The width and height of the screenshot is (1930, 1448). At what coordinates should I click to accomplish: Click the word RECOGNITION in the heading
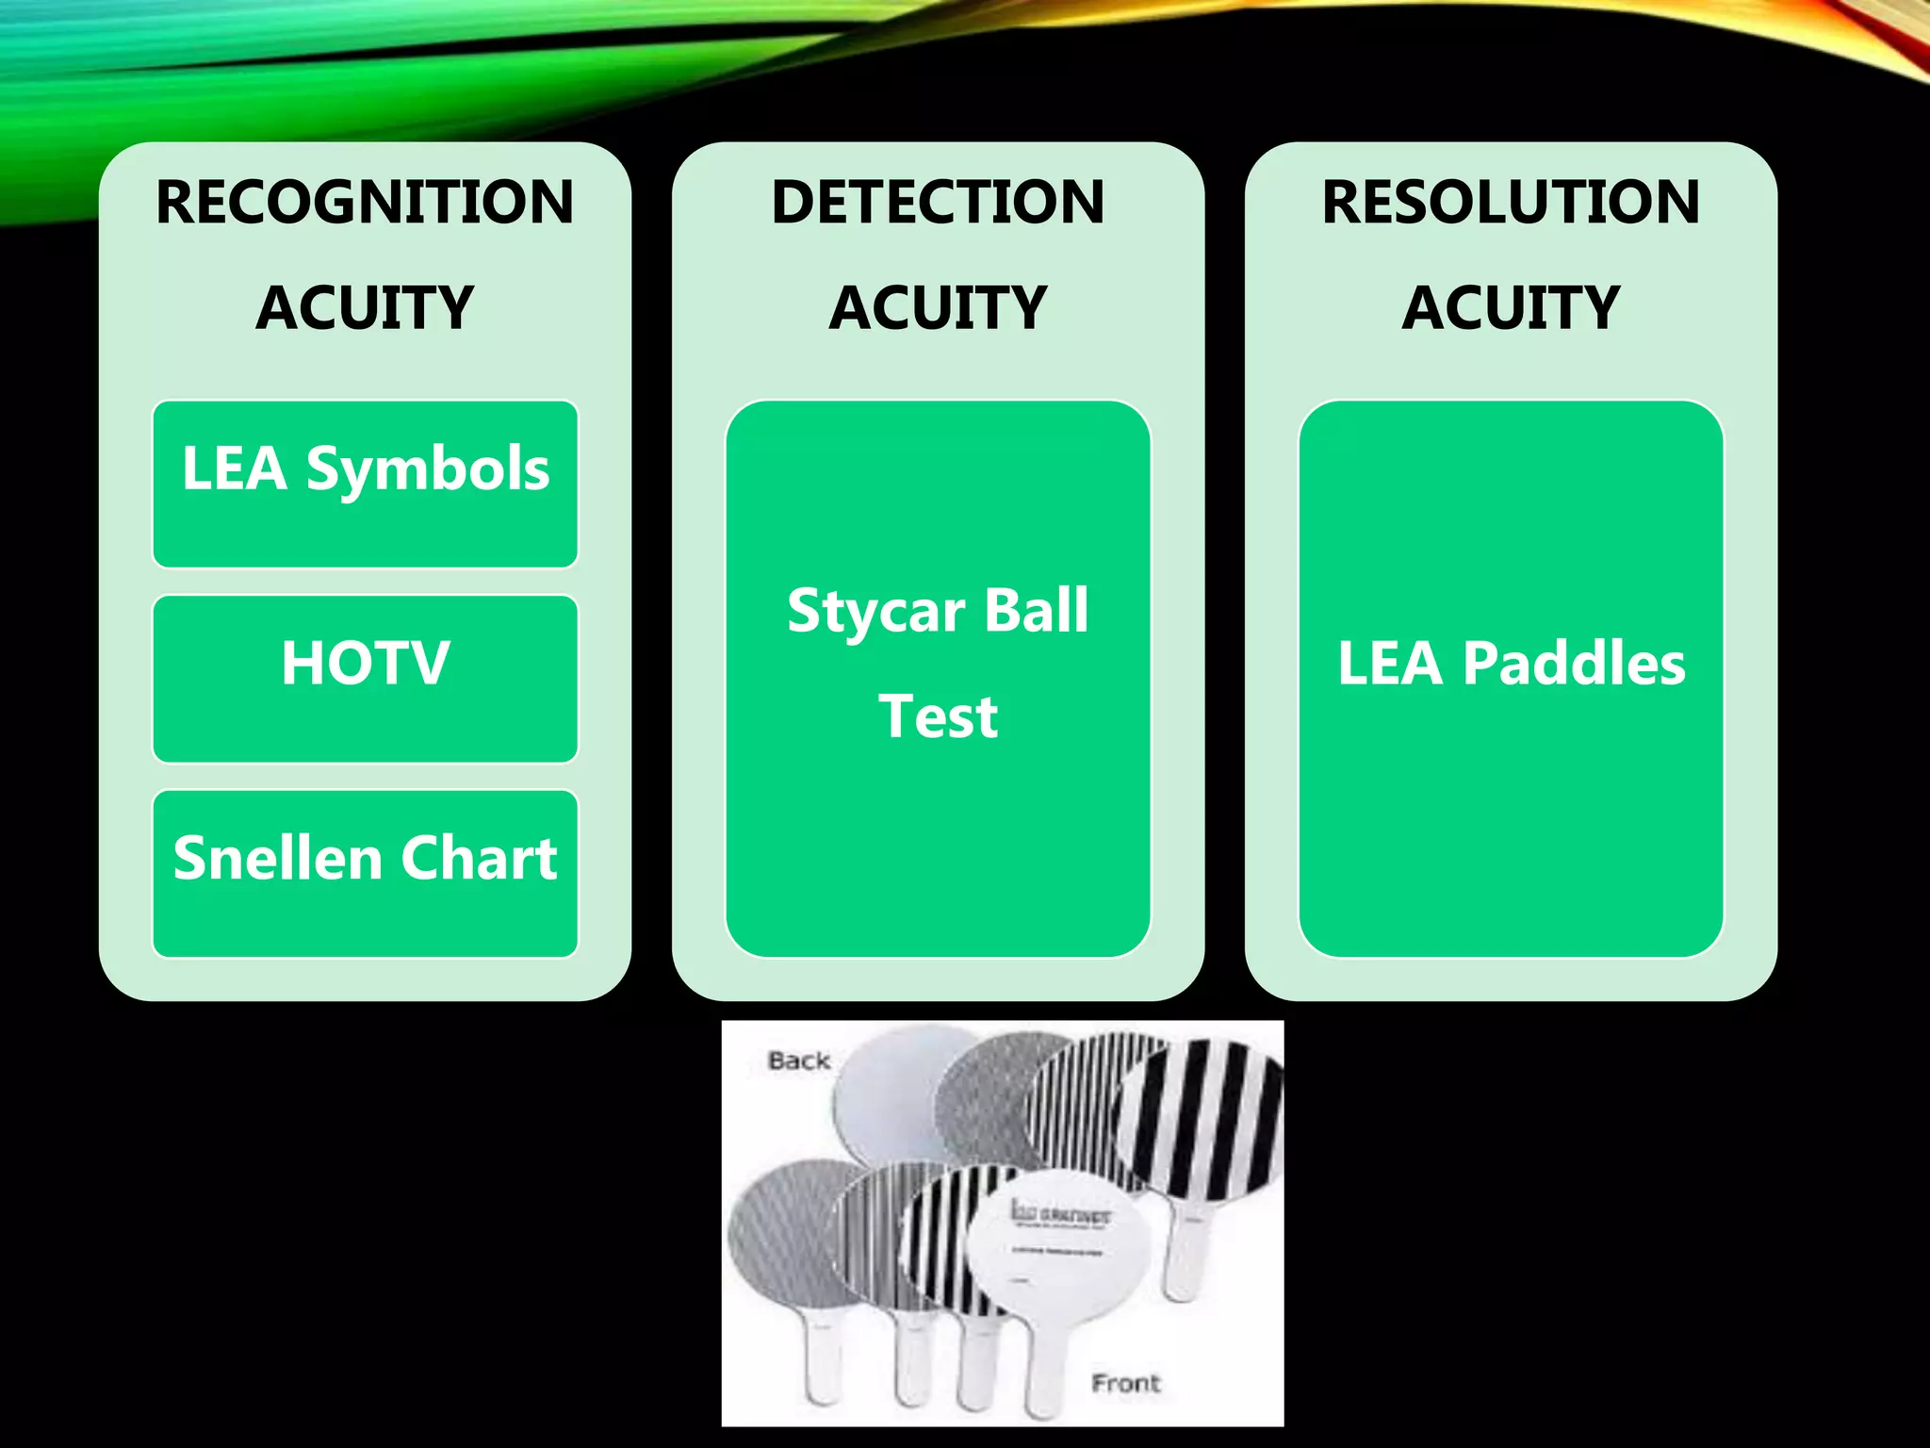click(x=365, y=202)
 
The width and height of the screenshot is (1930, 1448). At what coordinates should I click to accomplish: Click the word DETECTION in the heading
click(x=938, y=202)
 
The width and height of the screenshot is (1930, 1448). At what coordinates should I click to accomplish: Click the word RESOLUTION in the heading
click(x=1511, y=202)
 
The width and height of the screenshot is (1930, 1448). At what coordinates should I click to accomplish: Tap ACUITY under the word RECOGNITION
click(x=365, y=307)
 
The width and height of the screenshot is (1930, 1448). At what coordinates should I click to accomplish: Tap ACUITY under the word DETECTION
click(x=938, y=307)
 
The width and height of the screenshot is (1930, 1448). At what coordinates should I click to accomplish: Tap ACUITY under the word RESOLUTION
click(x=1511, y=307)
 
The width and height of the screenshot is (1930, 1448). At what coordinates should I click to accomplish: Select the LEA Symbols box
click(x=365, y=484)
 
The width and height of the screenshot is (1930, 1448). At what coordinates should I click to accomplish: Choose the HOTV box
click(x=365, y=678)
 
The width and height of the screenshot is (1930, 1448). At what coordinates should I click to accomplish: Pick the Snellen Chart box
click(x=365, y=873)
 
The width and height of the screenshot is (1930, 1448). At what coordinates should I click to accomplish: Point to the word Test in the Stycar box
click(x=938, y=716)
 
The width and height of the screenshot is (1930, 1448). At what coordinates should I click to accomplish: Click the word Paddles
click(x=1573, y=663)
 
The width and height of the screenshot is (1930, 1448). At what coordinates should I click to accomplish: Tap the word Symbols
click(x=427, y=469)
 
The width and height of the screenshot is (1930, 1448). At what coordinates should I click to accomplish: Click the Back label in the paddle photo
click(x=798, y=1061)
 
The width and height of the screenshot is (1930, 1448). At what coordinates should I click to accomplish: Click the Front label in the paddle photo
click(x=1125, y=1383)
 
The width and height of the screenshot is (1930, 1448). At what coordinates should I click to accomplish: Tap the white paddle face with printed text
click(x=1060, y=1244)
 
